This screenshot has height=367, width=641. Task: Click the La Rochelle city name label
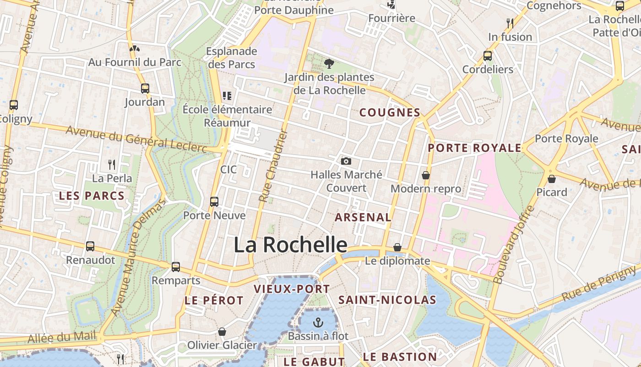pos(290,245)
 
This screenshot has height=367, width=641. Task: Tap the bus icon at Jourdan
pos(145,89)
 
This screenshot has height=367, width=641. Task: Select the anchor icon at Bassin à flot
pos(318,323)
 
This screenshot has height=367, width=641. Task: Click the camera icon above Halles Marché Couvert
pos(346,161)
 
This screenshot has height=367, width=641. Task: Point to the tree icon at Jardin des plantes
pos(329,64)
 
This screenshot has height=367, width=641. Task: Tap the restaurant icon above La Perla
pos(111,164)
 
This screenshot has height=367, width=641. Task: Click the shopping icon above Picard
pos(552,178)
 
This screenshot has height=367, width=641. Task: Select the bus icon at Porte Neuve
pos(214,201)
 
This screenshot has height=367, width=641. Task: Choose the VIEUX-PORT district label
pos(292,289)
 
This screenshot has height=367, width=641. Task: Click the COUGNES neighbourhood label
pos(390,112)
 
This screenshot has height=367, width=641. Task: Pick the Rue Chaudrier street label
pos(273,166)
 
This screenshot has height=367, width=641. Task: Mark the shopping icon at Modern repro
pos(426,175)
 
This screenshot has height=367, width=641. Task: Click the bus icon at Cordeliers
pos(488,56)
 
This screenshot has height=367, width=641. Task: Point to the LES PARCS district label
pos(92,196)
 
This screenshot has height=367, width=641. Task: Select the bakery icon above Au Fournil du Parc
pos(134,48)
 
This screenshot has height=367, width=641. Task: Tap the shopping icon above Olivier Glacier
pos(222,331)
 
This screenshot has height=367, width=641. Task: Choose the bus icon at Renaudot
pos(90,246)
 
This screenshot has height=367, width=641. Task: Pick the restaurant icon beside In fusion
pos(510,23)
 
